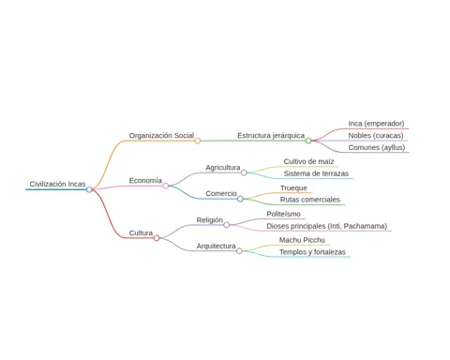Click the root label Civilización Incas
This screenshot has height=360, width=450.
[x=57, y=184]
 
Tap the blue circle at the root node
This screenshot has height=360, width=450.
[x=89, y=189]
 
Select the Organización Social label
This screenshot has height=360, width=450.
[x=161, y=136]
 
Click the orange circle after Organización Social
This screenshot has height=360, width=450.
[x=198, y=141]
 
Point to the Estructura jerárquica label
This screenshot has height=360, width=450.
[x=271, y=136]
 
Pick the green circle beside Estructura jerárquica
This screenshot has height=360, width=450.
[x=308, y=141]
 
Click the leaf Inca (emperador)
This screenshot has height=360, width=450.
[x=376, y=124]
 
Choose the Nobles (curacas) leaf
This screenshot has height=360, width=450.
[x=376, y=136]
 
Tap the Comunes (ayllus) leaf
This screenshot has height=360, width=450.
[x=377, y=147]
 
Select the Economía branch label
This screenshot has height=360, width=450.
[x=145, y=181]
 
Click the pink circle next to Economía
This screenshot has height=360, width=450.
[x=166, y=186]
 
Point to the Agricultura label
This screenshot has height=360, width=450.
[x=223, y=168]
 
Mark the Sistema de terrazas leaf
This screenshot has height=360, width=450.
[x=316, y=173]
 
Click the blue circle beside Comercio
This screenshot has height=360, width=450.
[x=240, y=199]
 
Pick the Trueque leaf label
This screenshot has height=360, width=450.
[x=293, y=188]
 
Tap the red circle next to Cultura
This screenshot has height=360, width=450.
[x=157, y=238]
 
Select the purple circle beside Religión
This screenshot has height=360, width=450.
[x=227, y=225]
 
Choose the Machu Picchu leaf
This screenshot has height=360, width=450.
[x=302, y=240]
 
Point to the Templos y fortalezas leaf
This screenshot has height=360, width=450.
[x=312, y=252]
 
